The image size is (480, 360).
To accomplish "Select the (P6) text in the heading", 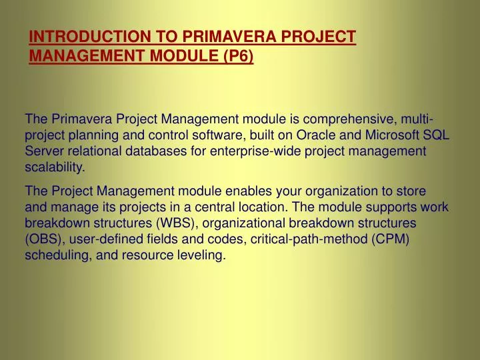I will pyautogui.click(x=235, y=56).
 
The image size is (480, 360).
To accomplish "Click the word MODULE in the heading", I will pyautogui.click(x=179, y=56).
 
